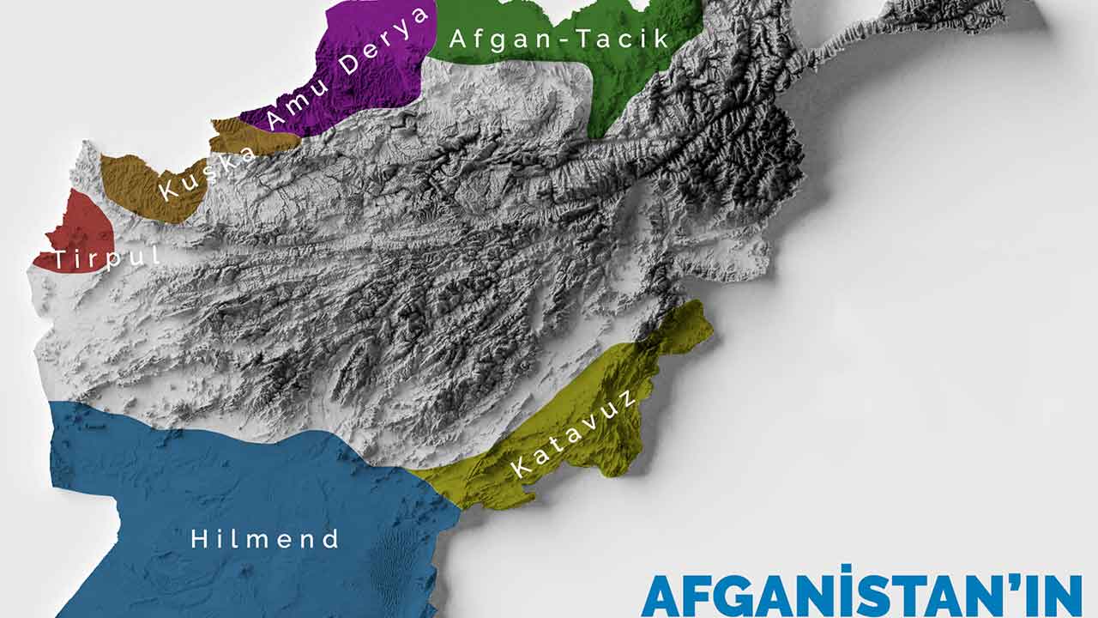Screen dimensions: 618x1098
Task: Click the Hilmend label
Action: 265,540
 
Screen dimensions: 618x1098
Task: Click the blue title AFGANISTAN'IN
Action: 861,594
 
